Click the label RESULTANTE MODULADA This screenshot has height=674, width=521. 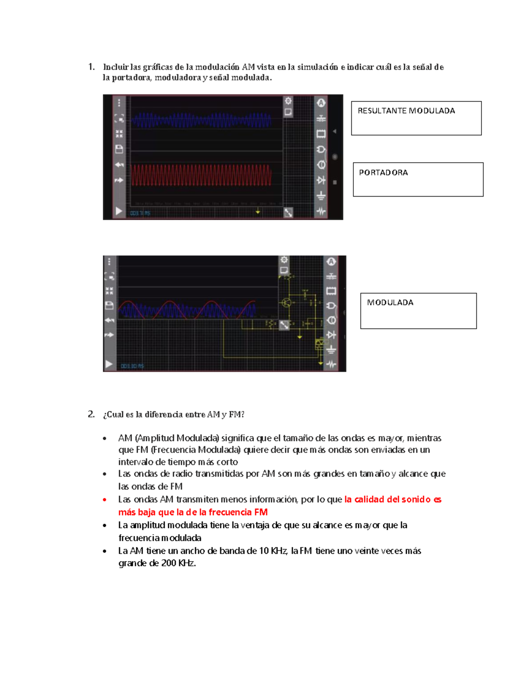tap(406, 111)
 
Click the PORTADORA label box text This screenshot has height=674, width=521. tap(383, 173)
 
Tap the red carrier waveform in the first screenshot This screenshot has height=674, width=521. tap(201, 174)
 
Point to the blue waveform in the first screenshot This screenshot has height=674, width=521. tap(201, 120)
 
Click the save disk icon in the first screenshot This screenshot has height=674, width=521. tap(119, 149)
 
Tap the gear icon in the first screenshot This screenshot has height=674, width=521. tap(288, 101)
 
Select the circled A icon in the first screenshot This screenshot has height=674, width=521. tap(321, 103)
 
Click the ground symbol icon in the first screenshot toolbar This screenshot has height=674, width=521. tap(321, 196)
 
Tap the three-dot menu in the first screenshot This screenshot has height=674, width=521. tap(119, 103)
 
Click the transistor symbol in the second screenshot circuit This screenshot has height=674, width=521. tap(286, 302)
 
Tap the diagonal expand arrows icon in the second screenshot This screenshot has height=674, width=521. tap(284, 325)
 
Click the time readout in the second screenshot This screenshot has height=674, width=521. tap(132, 366)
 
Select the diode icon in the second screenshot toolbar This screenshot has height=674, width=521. tap(331, 335)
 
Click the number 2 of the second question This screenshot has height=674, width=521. tap(91, 414)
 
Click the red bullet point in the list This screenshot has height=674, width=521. tap(105, 500)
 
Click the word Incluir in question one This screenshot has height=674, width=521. tap(116, 67)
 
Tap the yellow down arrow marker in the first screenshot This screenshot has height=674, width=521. tap(258, 212)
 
